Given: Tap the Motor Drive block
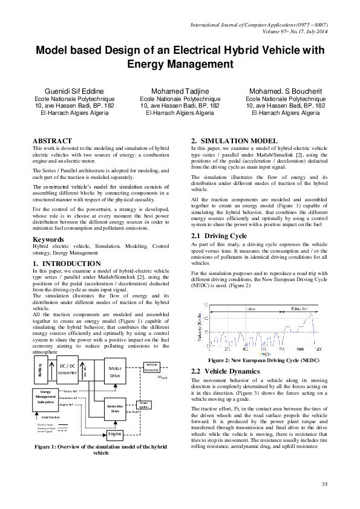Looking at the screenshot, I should coord(115,372).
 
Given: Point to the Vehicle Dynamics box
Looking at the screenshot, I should coord(151,366).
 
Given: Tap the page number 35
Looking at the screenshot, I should coord(324,485).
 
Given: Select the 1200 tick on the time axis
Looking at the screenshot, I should coord(318,349).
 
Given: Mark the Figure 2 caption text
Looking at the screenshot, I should coord(259,360).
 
